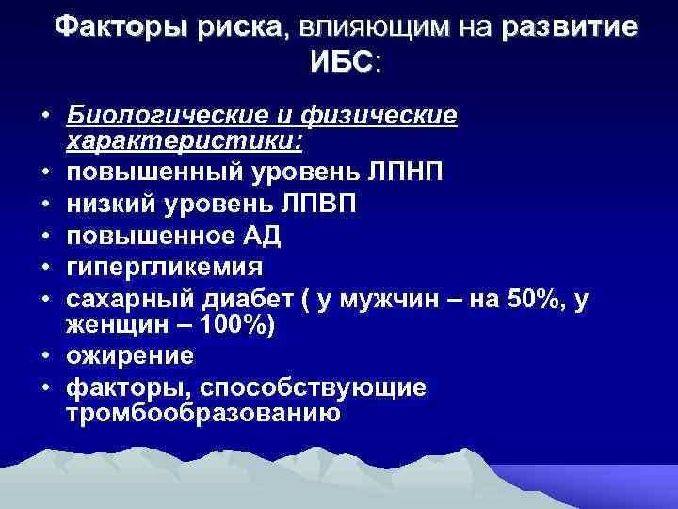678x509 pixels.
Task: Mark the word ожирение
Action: coord(130,356)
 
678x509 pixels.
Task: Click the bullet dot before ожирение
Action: coord(45,357)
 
